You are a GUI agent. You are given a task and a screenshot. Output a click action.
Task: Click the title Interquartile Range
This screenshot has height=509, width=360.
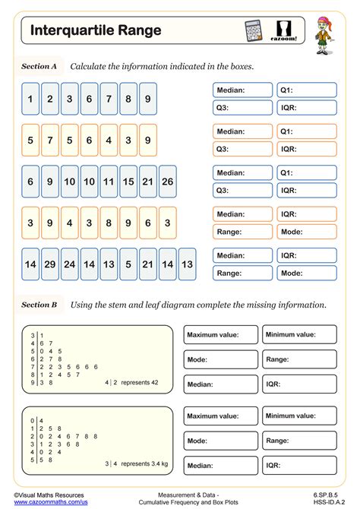(96, 30)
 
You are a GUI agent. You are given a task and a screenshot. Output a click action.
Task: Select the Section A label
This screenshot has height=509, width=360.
(39, 67)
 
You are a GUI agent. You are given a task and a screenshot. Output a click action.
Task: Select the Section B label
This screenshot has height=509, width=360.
(39, 305)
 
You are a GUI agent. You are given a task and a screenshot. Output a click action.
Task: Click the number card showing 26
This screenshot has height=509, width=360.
(167, 182)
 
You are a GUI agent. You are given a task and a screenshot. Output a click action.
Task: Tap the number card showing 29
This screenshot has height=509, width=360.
(49, 264)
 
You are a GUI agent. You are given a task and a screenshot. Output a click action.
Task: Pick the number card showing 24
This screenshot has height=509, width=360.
(69, 264)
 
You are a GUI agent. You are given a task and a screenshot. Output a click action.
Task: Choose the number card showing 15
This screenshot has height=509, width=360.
(128, 182)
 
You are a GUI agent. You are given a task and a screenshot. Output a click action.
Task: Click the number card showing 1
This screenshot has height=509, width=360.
(30, 99)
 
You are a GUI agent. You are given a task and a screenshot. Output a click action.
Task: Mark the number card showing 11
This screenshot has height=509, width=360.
(109, 182)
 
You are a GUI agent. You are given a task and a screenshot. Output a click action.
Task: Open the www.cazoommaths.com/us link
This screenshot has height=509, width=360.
(50, 502)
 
